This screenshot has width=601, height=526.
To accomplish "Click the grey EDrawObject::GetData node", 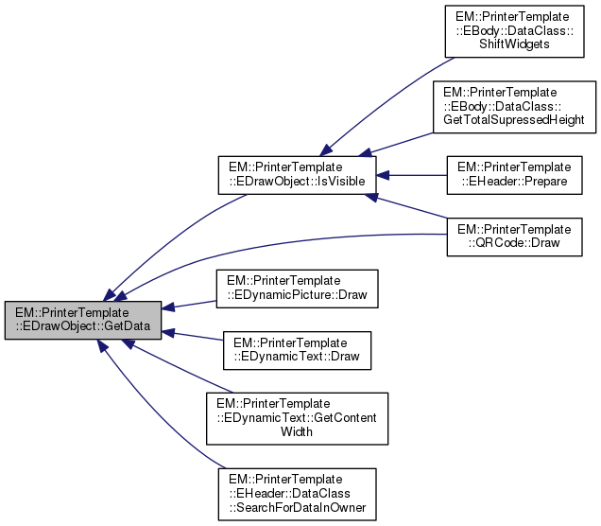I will [83, 320].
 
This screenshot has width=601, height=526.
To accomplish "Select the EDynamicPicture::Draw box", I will [297, 288].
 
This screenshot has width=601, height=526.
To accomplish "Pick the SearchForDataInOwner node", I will [297, 493].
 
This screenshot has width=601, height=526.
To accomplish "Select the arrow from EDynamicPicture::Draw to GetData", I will [194, 304].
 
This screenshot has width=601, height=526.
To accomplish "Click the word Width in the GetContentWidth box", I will [297, 430].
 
